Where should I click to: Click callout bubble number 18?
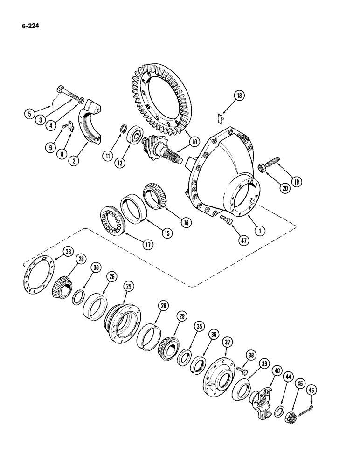pos(240,96)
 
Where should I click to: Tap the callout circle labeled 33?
pos(55,252)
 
